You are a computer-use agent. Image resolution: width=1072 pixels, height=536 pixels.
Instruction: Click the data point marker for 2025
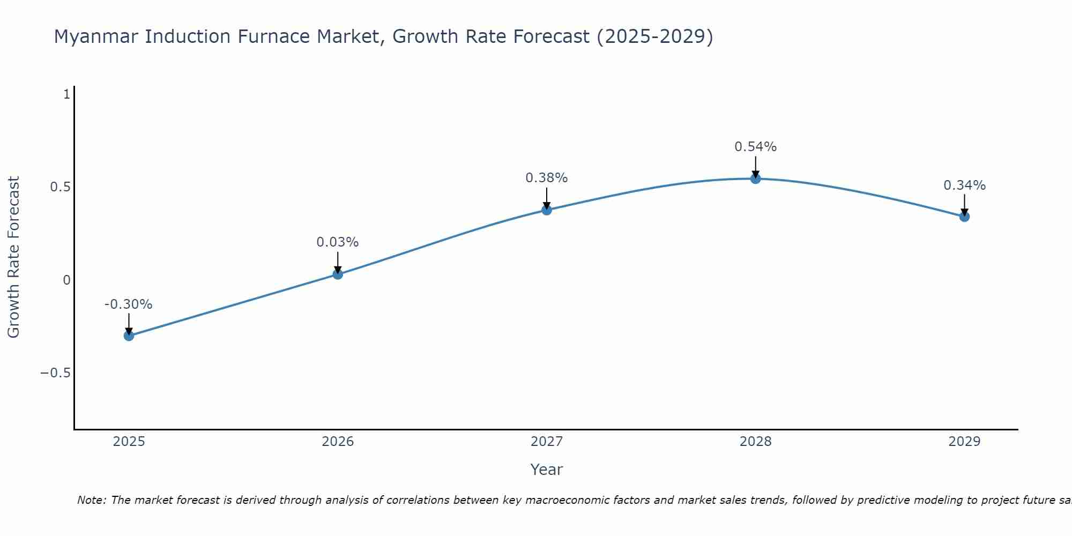[129, 336]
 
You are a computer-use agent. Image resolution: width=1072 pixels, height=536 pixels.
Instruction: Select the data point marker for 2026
[338, 274]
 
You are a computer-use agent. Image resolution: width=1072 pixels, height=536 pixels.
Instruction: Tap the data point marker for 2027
[547, 210]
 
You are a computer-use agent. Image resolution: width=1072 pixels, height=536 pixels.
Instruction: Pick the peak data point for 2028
[756, 178]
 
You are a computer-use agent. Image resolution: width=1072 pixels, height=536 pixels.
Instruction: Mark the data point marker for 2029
[964, 217]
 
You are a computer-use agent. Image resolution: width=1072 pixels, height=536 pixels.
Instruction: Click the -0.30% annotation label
[129, 304]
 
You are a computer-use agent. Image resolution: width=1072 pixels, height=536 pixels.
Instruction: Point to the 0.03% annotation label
[338, 242]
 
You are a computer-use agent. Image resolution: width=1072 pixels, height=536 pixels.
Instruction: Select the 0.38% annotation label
[547, 178]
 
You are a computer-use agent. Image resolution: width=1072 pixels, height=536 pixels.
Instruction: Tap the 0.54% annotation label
[756, 147]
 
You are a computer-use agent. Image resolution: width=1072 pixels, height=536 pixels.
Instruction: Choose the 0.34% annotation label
[964, 185]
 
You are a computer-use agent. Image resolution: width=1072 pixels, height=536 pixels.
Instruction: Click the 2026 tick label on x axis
[338, 442]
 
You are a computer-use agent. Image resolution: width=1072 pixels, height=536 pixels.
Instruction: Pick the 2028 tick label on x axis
[756, 442]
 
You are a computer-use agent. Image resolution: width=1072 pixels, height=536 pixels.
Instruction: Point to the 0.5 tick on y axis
[60, 187]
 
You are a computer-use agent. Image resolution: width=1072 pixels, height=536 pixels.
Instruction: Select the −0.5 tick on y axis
[55, 373]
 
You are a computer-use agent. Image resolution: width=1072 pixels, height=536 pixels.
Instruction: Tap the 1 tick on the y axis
[67, 94]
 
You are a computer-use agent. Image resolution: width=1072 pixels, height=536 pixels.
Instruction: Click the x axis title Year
[546, 470]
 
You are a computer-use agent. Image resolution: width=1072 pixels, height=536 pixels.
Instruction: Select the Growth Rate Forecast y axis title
[13, 257]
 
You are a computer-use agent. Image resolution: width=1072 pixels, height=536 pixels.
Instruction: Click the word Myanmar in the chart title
[96, 37]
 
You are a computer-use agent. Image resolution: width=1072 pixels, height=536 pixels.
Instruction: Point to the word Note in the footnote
[92, 500]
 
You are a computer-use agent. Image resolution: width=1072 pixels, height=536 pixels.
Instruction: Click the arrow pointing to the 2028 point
[756, 166]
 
